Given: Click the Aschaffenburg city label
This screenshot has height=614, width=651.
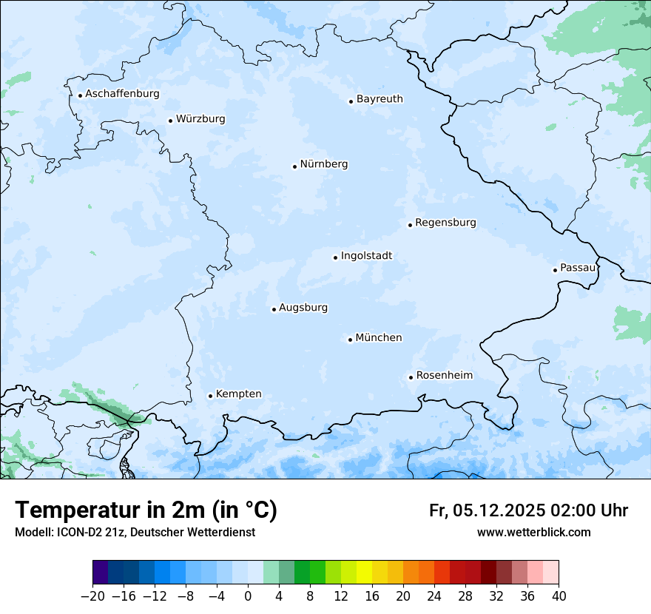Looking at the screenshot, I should pos(122,94).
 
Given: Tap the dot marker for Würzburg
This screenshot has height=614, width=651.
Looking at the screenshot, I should pos(170,121).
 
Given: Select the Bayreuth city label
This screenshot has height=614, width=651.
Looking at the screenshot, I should pos(380,99).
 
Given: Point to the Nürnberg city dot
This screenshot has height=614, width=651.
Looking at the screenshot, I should pos(294,166).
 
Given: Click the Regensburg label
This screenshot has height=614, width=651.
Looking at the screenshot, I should pos(445,223).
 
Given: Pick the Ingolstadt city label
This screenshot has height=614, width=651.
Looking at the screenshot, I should pos(366,256).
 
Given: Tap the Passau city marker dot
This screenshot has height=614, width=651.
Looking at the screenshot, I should pos(555,270).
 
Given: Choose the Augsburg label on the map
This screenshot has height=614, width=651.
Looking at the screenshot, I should pos(303,308).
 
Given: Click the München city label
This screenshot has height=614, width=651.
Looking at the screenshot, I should pos(379,338).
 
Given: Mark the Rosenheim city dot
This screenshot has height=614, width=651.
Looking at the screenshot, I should pos(411,377).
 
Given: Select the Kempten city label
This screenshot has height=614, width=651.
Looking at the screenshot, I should pos(238,394).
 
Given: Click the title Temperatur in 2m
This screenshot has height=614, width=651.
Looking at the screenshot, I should pos(146,510).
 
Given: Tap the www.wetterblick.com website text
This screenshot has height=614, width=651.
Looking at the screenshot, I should pos(533,532).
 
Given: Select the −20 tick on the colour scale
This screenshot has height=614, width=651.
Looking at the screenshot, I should pos(93,596).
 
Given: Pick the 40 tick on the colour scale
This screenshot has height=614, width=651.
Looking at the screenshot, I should pos(559,596).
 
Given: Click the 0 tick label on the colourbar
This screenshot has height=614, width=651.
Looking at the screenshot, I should pos(248,596).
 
